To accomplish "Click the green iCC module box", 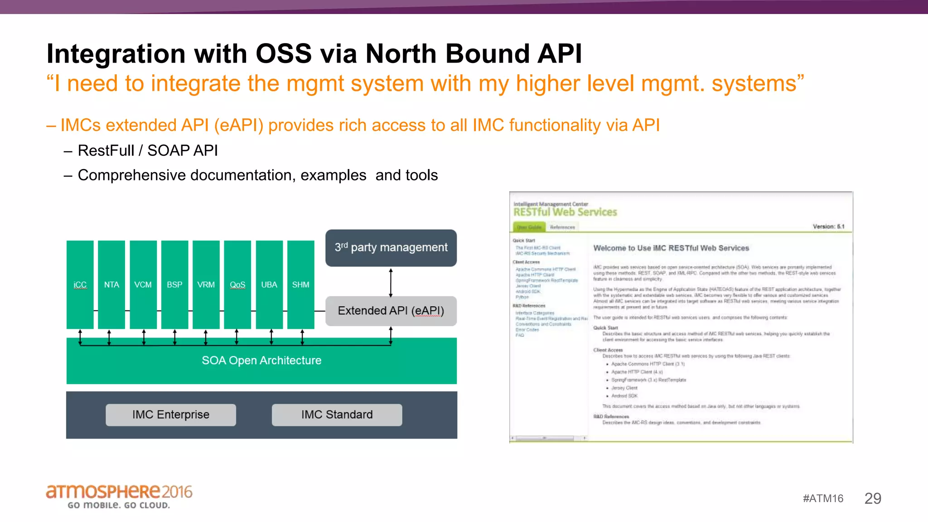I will point(80,285).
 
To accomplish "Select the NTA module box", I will point(111,285).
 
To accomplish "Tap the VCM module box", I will point(143,285).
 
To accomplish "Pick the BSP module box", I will point(174,285).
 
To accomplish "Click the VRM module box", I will point(206,285).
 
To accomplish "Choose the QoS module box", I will point(237,285).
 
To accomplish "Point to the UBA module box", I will point(269,285).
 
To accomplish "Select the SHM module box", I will point(301,285).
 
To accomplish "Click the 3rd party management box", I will point(391,248).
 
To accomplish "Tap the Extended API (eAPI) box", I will point(391,311).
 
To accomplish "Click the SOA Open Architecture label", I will point(261,361).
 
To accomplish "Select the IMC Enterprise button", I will point(171,415).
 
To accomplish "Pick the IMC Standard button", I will point(337,415).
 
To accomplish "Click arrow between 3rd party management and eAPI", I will point(391,282).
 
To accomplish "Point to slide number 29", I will point(873,498).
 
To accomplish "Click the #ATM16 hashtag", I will point(823,498).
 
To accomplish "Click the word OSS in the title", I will point(284,53).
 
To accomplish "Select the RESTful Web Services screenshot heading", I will point(565,212).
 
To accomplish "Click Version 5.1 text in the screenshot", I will point(828,227).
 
